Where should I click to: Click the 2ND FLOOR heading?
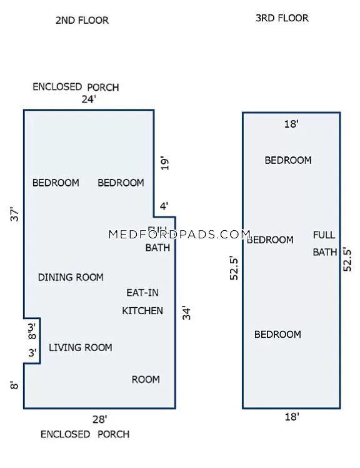tap(82, 20)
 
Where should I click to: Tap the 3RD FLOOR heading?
tap(282, 18)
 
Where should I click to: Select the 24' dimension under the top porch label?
tap(89, 99)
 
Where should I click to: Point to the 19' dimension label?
tap(165, 164)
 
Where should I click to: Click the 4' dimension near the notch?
tap(164, 205)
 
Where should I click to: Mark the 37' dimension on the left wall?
tap(15, 214)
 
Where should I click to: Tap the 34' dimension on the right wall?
tap(186, 312)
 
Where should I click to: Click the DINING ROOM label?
tap(71, 277)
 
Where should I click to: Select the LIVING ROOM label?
tap(81, 347)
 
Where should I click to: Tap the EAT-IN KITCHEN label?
tap(142, 302)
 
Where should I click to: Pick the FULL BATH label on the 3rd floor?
tap(324, 243)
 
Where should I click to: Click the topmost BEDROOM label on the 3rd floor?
tap(288, 160)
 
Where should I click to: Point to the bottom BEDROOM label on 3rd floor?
tap(277, 335)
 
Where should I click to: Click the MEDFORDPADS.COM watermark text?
tap(179, 235)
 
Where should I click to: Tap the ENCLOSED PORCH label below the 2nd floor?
tap(85, 434)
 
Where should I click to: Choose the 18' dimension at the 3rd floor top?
tap(291, 124)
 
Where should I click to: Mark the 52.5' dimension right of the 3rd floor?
tap(347, 259)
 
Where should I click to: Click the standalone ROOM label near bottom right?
tap(146, 379)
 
